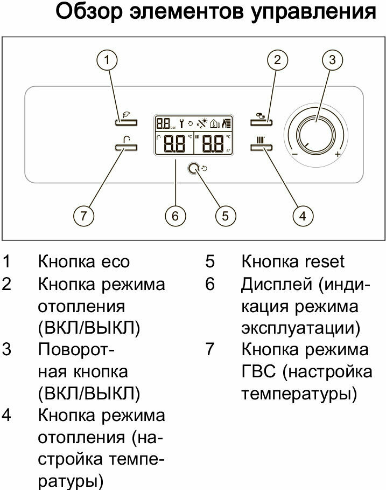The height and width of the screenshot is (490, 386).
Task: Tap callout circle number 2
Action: pos(278,59)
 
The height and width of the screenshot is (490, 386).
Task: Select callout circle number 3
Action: pos(332,59)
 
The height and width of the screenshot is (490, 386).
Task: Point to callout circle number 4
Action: pos(303,216)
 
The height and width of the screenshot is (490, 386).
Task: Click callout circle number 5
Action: pos(225,216)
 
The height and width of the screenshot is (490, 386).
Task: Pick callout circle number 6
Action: pos(175,216)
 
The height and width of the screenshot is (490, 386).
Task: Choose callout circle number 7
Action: pos(83,216)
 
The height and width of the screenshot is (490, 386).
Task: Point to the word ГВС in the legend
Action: pos(258,371)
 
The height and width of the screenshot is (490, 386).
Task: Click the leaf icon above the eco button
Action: pos(127,114)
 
